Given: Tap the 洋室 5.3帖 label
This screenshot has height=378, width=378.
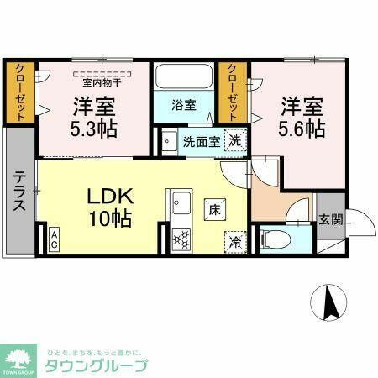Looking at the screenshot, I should pos(93,118).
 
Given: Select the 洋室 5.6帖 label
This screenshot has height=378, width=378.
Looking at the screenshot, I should pos(302,118).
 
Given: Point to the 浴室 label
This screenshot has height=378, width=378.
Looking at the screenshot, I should pos(184,106).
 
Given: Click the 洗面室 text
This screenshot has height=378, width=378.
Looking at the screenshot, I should pos(202,141).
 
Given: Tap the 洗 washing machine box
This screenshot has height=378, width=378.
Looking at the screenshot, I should pos(236,140).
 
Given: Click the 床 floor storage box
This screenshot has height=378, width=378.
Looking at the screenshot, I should pos(215,207).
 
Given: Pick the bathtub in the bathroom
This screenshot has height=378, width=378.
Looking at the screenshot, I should pos(184,81).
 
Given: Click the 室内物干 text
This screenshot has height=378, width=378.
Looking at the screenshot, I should pos(102,81).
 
